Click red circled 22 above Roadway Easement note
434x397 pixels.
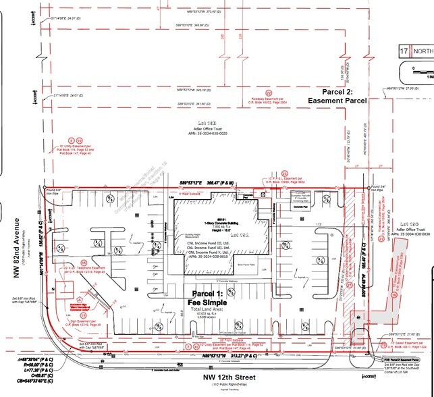[269, 92]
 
